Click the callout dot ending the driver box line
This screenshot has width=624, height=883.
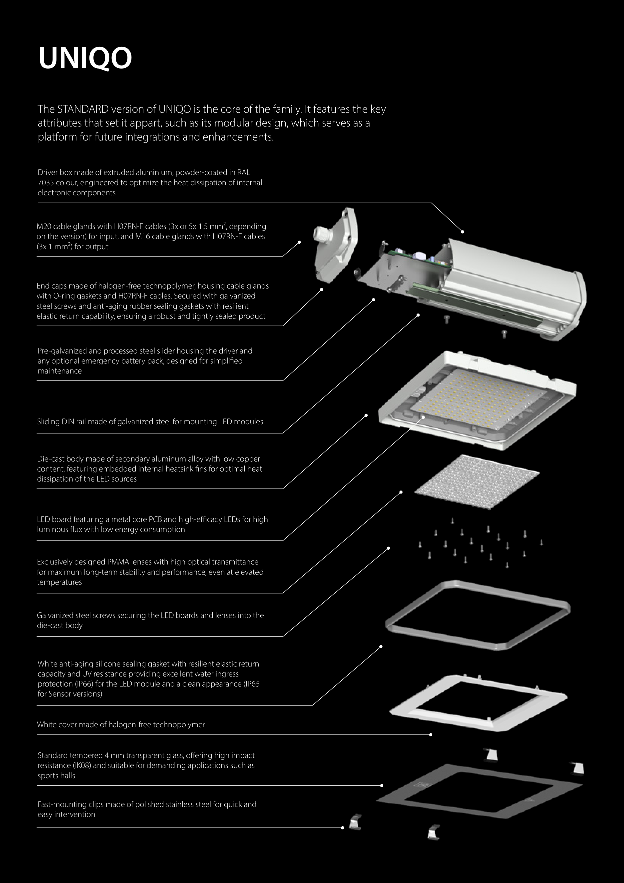[x=463, y=232]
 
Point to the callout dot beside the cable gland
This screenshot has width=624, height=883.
[x=299, y=242]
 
